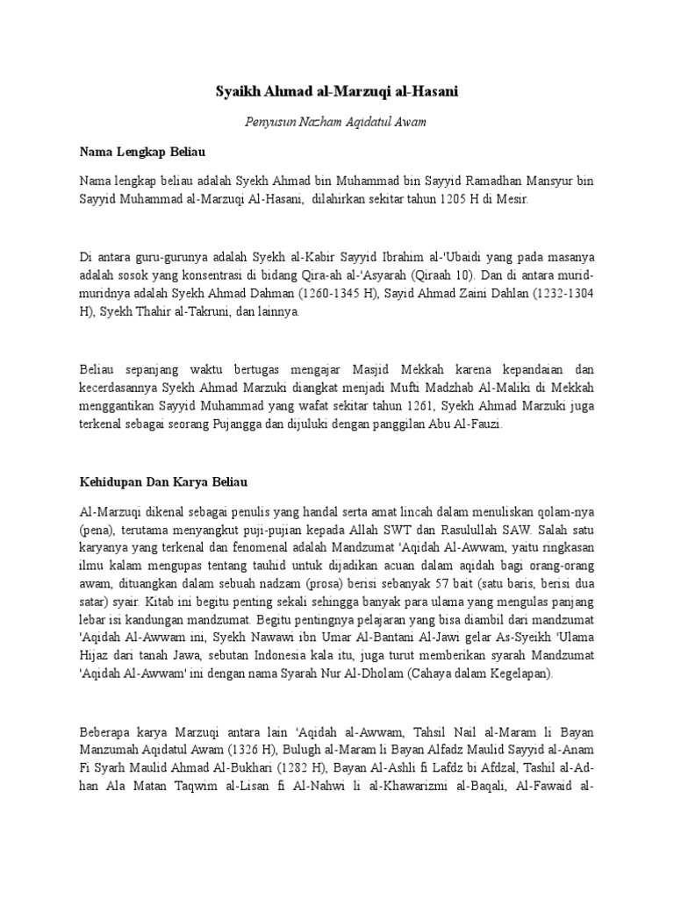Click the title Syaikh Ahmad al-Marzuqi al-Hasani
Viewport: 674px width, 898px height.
click(336, 90)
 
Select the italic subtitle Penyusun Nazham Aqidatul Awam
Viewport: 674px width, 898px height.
click(336, 121)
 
